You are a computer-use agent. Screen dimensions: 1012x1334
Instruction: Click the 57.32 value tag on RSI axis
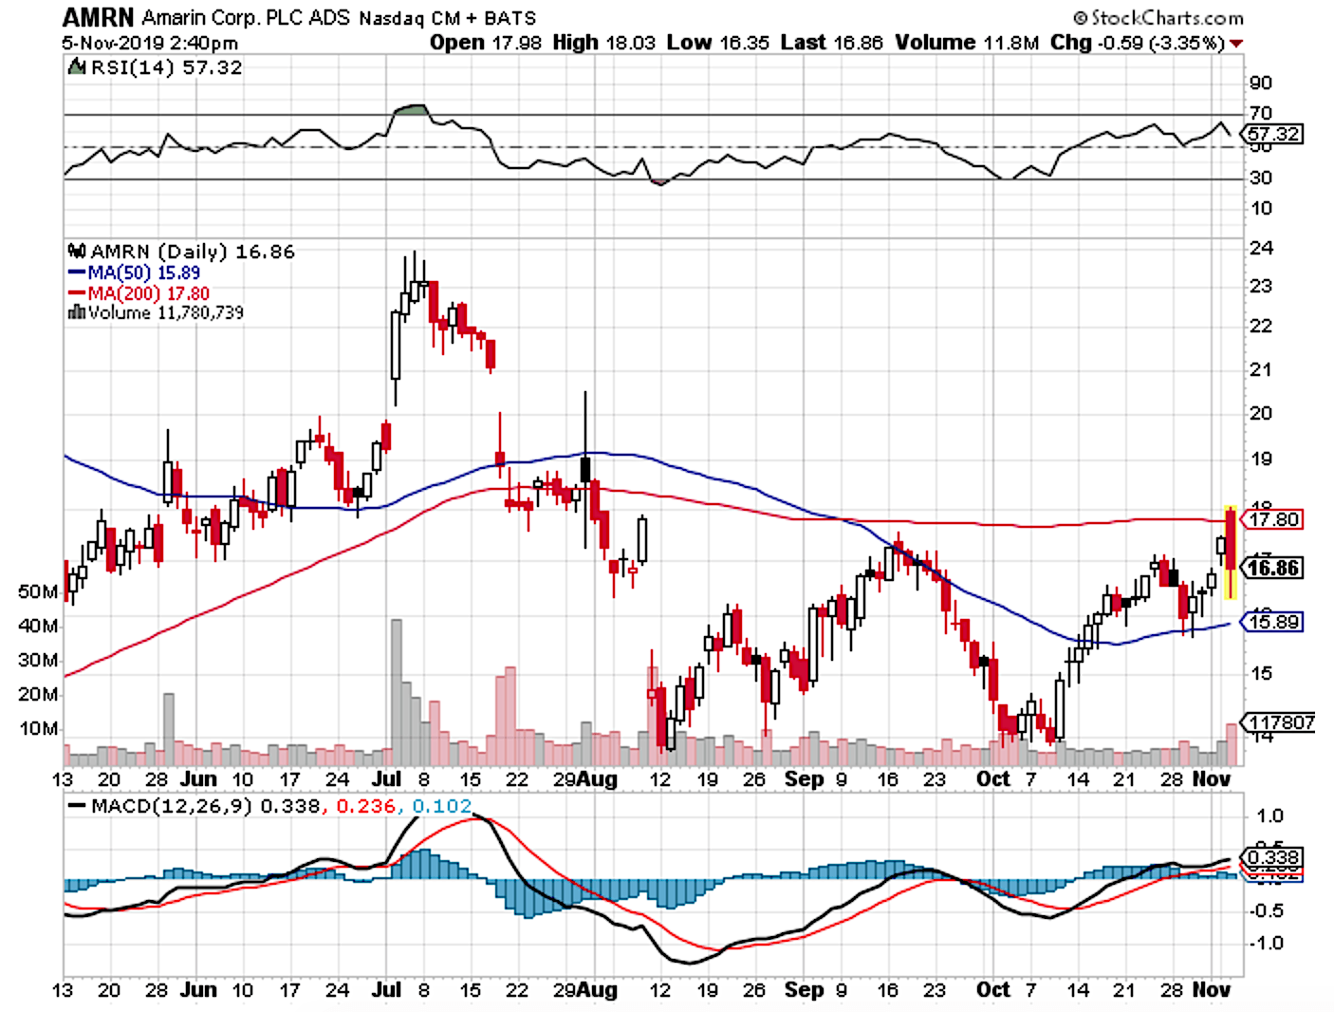pos(1274,134)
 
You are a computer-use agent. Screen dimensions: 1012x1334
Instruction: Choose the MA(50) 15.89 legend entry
pos(143,272)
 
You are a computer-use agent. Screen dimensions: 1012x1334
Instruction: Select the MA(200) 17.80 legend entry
pos(148,293)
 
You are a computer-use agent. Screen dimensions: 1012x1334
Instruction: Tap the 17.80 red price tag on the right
pos(1274,519)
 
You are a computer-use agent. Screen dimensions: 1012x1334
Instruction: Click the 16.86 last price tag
pos(1274,568)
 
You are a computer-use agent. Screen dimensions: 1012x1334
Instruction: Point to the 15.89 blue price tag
pos(1274,622)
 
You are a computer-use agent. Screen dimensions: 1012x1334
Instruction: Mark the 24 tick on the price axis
pos(1262,249)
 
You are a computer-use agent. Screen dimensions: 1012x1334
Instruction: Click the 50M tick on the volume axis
pos(38,592)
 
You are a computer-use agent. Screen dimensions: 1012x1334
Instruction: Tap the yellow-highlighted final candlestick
pos(1231,553)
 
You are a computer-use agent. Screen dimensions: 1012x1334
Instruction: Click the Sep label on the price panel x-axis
pos(805,779)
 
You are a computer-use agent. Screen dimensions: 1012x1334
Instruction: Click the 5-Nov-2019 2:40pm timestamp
pos(150,43)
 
